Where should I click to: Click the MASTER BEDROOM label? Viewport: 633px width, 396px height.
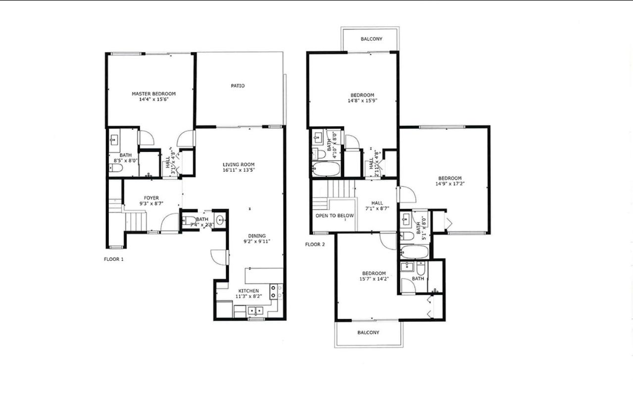(154, 94)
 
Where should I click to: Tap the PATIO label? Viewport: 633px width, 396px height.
(238, 86)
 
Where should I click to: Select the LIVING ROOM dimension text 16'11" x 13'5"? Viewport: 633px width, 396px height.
(239, 170)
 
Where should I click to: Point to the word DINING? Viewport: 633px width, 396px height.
(257, 236)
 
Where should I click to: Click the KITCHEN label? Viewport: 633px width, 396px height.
(248, 291)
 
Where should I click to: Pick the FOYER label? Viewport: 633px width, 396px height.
(151, 198)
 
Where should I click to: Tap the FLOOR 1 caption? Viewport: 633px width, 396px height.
(114, 259)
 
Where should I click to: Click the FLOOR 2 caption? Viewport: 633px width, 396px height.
(315, 245)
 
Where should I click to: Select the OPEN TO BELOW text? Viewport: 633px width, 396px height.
(335, 216)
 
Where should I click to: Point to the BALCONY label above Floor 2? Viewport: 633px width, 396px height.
(371, 39)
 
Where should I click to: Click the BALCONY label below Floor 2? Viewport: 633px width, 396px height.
(368, 333)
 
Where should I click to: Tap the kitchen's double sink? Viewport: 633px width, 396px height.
(255, 311)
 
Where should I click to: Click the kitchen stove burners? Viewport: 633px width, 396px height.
(273, 292)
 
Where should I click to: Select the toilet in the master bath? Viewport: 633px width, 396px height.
(116, 168)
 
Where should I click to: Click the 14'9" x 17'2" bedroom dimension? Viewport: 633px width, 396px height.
(450, 184)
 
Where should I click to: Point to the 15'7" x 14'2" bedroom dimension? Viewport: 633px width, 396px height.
(374, 279)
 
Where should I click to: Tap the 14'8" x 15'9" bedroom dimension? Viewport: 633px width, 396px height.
(362, 100)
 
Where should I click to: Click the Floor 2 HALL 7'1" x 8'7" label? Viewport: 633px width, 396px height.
(377, 206)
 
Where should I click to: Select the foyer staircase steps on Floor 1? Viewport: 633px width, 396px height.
(136, 222)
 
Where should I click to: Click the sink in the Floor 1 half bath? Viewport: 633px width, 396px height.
(220, 220)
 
